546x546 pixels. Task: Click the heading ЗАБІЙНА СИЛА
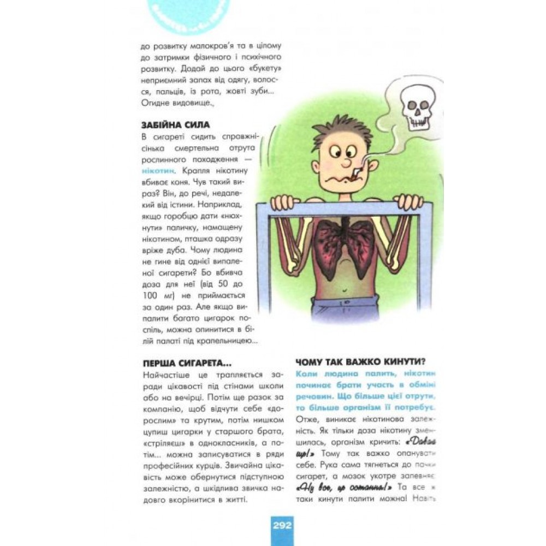point(175,125)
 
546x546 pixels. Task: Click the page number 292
point(282,526)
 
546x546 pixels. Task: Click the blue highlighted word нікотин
point(157,170)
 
